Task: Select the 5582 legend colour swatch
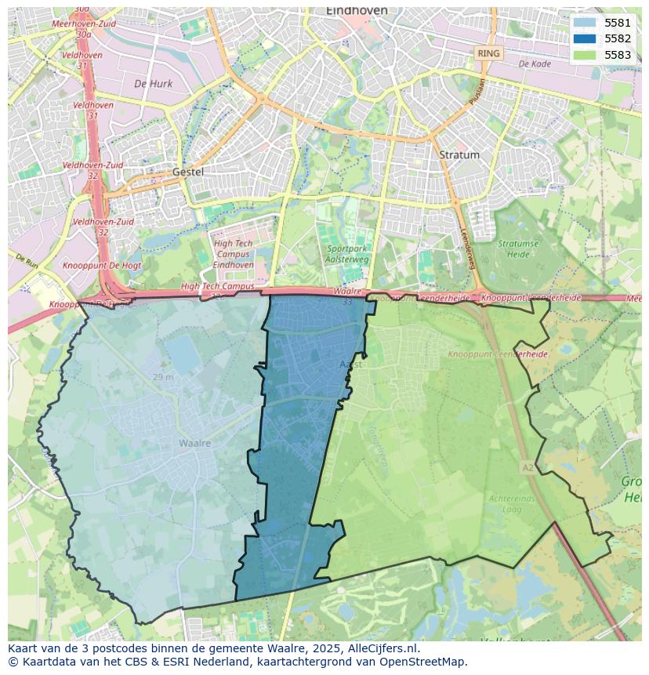pos(585,38)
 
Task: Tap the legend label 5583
pos(617,55)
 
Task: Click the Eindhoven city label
pos(357,11)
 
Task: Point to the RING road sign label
pos(488,53)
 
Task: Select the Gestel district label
pos(187,172)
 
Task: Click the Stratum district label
pos(459,154)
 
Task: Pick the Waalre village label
pos(194,443)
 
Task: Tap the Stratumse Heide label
pos(518,249)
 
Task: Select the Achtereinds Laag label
pos(512,503)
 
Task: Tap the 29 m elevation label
pos(163,378)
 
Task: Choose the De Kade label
pos(535,64)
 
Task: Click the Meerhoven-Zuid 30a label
pos(84,29)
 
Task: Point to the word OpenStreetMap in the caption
pos(424,662)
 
